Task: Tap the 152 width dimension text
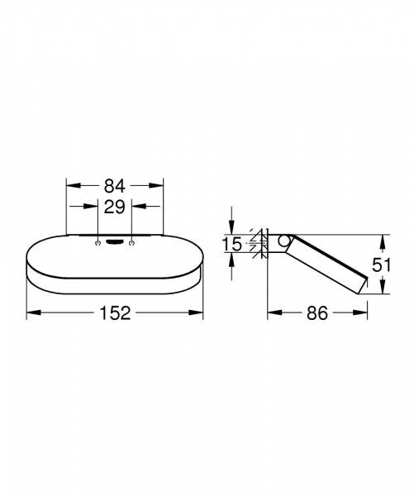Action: click(x=115, y=312)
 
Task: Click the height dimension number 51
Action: click(x=383, y=265)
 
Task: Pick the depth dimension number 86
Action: click(x=316, y=312)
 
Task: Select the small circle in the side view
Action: click(x=283, y=241)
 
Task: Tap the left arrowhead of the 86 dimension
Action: click(x=271, y=312)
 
